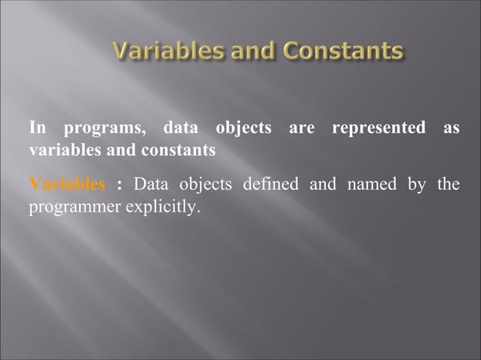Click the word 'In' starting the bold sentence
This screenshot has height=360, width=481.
coord(37,129)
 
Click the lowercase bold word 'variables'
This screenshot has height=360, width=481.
coord(62,151)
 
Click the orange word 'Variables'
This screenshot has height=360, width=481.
coord(67,184)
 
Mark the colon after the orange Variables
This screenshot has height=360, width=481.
coord(120,185)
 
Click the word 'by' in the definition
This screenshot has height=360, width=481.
coord(417,185)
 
